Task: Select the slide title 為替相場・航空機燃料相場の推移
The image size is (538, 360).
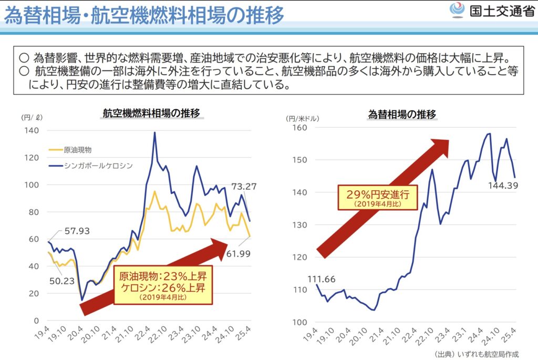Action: point(143,15)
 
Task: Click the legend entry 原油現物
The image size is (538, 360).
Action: point(77,150)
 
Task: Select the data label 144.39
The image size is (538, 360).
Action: point(503,185)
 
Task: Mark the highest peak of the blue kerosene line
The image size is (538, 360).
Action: point(155,132)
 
